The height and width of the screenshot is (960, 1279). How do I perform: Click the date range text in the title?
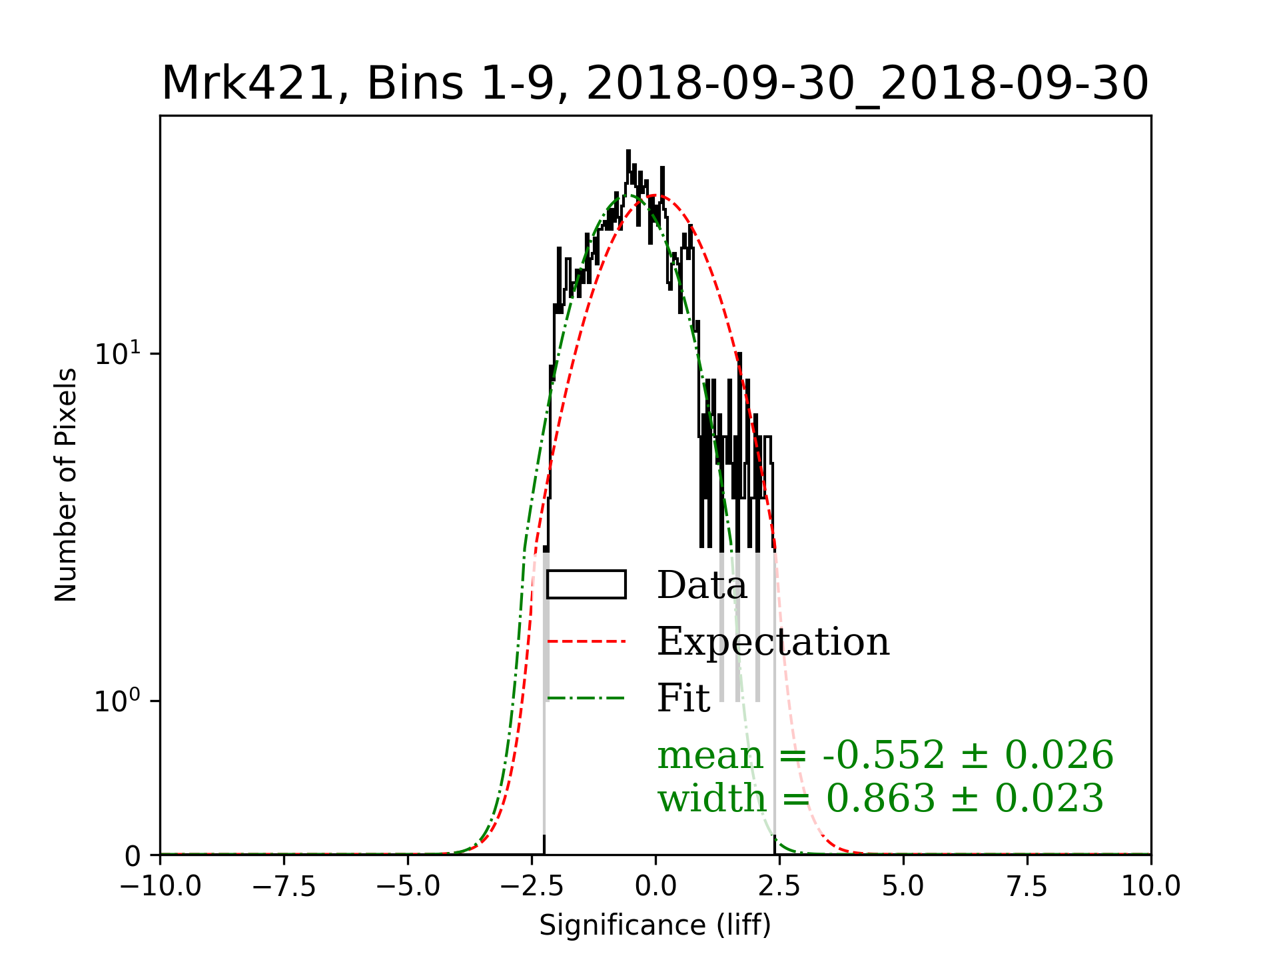[867, 84]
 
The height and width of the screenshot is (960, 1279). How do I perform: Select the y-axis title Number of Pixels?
[66, 485]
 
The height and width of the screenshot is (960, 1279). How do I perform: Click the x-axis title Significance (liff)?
[655, 925]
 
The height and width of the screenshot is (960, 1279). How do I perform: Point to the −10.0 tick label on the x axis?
[161, 886]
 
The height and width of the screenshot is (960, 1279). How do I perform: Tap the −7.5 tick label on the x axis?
[284, 886]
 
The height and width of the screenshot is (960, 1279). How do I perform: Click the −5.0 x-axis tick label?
[408, 886]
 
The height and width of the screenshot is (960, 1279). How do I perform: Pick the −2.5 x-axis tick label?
[532, 886]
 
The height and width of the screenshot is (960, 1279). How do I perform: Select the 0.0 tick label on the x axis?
[655, 886]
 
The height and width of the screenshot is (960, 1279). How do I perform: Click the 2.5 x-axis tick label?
[779, 886]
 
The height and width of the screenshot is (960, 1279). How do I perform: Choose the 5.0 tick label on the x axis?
[903, 886]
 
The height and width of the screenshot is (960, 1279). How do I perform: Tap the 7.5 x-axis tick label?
[1027, 886]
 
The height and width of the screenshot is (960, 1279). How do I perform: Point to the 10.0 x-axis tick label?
[1151, 886]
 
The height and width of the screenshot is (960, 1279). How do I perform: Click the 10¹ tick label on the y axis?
[118, 353]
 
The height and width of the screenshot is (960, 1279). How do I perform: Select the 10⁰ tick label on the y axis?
[118, 701]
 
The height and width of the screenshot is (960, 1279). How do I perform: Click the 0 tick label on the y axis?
[133, 856]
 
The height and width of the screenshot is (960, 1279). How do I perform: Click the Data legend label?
[702, 585]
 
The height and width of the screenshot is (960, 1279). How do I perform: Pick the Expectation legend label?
[773, 642]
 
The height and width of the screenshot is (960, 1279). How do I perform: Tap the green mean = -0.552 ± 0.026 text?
[885, 755]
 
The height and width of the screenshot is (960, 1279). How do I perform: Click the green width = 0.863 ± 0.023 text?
[881, 798]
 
